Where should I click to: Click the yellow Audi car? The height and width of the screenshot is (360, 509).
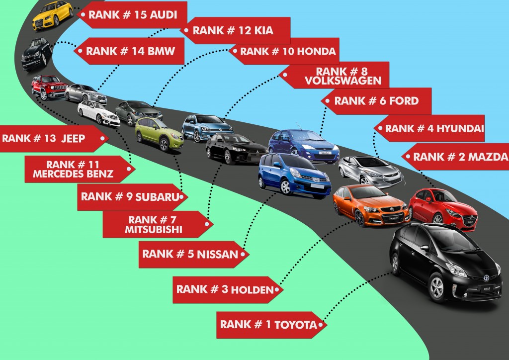point(53,15)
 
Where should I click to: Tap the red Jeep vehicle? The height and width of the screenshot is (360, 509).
point(49,88)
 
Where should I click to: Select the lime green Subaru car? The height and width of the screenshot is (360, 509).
point(159,133)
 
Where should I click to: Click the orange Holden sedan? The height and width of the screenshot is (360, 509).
point(370,205)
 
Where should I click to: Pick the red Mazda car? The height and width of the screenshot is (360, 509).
point(442,208)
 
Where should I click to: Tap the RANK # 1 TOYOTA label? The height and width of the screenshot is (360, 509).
point(268,325)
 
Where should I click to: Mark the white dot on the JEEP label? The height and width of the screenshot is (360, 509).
point(103,138)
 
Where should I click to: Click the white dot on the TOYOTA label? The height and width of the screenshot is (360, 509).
point(323,326)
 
